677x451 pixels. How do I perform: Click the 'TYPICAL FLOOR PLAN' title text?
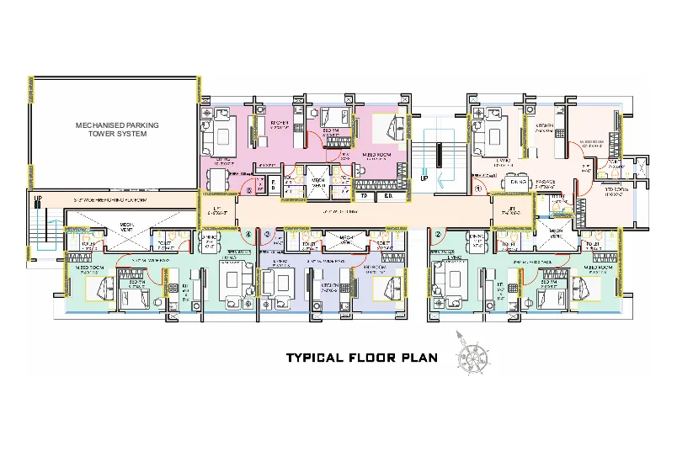361,358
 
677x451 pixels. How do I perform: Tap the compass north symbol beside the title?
471,353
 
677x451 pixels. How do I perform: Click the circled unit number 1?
478,190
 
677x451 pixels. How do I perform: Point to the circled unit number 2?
438,234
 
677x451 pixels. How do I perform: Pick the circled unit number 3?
267,234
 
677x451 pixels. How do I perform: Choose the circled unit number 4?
248,234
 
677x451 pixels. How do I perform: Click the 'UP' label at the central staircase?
424,178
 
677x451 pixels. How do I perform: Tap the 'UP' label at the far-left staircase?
37,199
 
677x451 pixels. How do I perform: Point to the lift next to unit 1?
511,210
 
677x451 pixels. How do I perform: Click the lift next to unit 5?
218,210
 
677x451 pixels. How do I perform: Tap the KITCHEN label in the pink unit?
280,124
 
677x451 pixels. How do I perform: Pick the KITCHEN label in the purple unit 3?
329,286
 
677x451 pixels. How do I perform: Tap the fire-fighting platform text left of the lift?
109,199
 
